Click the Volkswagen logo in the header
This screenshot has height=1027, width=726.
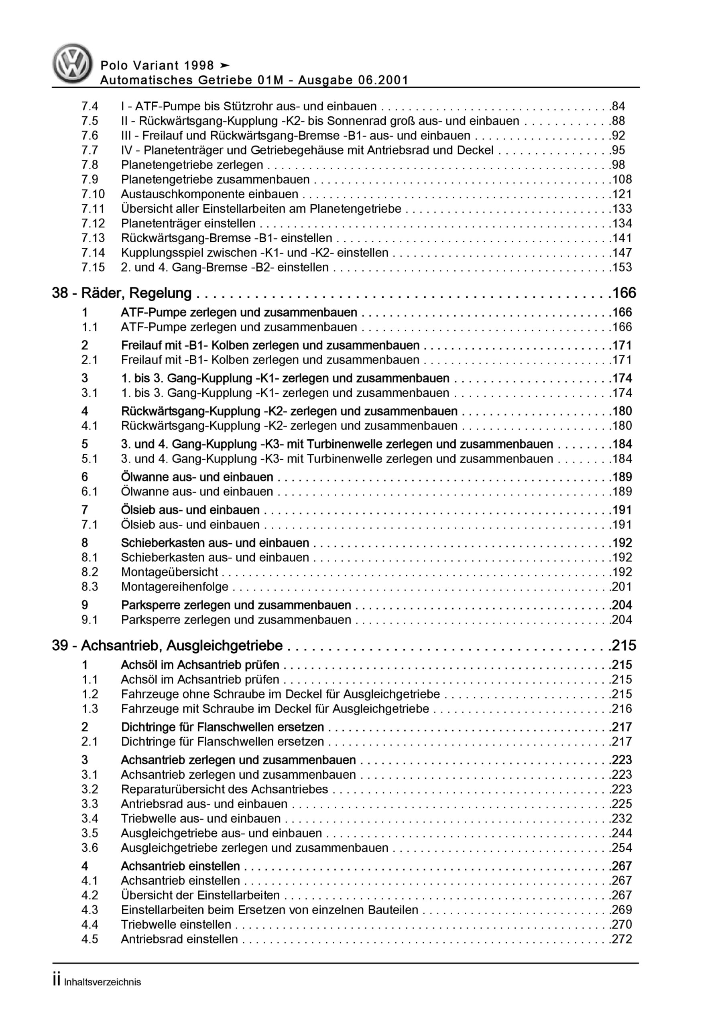point(73,63)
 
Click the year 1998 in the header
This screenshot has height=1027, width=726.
point(199,66)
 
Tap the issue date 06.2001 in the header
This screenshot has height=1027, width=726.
point(383,81)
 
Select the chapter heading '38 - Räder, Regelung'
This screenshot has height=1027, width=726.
point(122,293)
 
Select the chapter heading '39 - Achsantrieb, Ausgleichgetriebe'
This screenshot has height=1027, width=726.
point(167,646)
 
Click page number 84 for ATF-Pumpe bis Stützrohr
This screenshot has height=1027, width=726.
point(618,106)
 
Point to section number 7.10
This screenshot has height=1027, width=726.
point(93,194)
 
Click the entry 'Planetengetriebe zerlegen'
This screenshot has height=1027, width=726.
point(192,165)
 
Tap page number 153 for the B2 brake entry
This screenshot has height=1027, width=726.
point(622,268)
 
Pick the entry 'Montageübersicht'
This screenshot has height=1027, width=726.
point(169,572)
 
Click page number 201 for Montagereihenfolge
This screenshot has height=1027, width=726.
point(622,587)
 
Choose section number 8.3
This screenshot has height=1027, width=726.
point(89,587)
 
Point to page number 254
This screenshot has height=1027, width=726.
point(622,848)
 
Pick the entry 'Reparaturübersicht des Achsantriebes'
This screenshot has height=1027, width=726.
point(224,790)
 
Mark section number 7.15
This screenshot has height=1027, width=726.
point(93,268)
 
